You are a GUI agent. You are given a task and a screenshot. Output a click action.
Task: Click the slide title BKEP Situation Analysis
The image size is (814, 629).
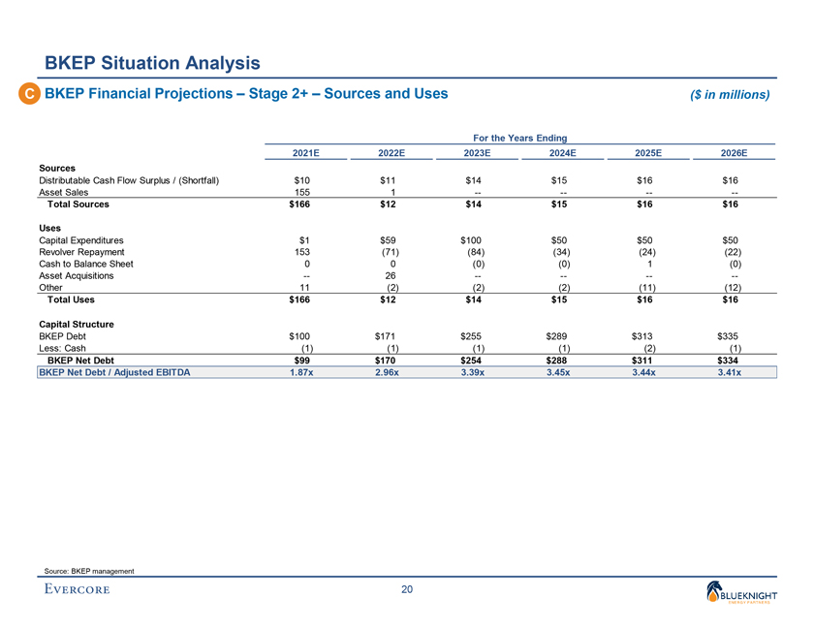153,64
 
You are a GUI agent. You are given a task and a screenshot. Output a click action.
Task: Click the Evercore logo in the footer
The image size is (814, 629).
77,588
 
